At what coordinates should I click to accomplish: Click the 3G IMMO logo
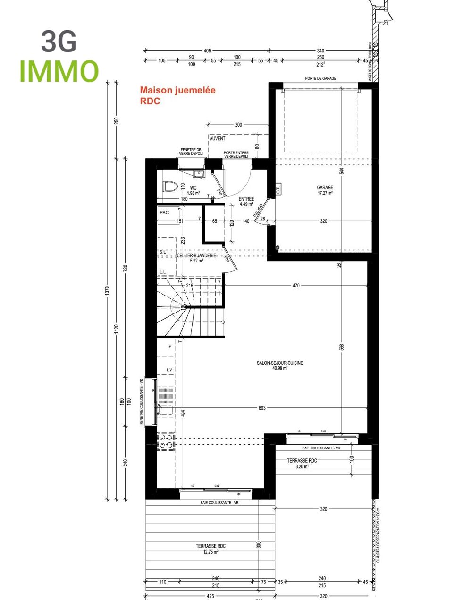[x=59, y=57]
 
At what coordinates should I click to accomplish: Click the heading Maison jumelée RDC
[x=177, y=95]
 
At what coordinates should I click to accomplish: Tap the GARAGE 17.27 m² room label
[x=325, y=190]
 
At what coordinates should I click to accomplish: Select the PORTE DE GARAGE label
[x=320, y=78]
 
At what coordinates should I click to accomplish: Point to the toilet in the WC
[x=169, y=186]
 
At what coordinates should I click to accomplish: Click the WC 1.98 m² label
[x=193, y=190]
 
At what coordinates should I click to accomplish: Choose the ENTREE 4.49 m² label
[x=246, y=202]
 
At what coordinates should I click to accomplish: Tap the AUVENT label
[x=218, y=139]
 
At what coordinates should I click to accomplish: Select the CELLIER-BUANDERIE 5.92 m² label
[x=196, y=258]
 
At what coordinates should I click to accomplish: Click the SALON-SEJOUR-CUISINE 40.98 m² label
[x=280, y=365]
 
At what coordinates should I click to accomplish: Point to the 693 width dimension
[x=262, y=408]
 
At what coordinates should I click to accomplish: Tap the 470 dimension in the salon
[x=296, y=286]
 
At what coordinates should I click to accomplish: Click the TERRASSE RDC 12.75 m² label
[x=211, y=549]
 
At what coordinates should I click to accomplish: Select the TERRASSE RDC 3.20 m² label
[x=302, y=463]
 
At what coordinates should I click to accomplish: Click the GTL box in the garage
[x=278, y=189]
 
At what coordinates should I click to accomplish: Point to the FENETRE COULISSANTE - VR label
[x=141, y=402]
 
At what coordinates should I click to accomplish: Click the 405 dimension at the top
[x=207, y=51]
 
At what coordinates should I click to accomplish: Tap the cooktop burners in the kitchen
[x=166, y=441]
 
